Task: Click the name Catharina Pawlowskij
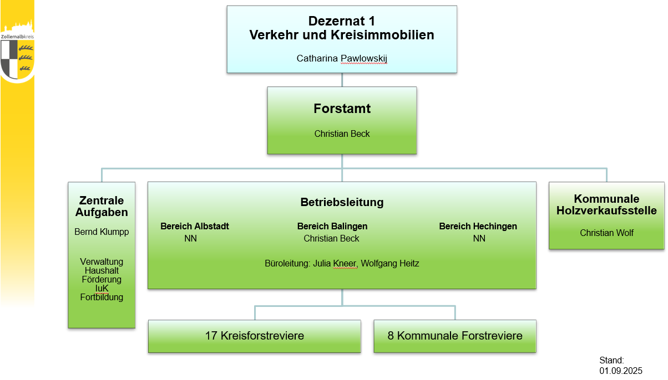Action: click(342, 58)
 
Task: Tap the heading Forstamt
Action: click(342, 109)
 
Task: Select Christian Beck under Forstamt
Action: click(342, 133)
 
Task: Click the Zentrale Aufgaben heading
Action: click(102, 206)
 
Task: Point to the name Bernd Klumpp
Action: click(102, 232)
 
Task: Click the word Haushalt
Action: click(102, 270)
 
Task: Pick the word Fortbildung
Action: click(102, 297)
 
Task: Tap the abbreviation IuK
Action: click(102, 288)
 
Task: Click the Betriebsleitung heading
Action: click(342, 202)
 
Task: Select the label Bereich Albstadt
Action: click(195, 226)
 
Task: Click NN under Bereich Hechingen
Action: click(479, 238)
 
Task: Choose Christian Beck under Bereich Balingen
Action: click(332, 238)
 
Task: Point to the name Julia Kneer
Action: click(335, 264)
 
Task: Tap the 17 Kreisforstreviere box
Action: click(255, 336)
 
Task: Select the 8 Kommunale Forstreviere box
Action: click(455, 336)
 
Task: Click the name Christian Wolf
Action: click(606, 233)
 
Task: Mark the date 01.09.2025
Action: click(621, 369)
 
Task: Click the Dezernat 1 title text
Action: click(342, 21)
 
